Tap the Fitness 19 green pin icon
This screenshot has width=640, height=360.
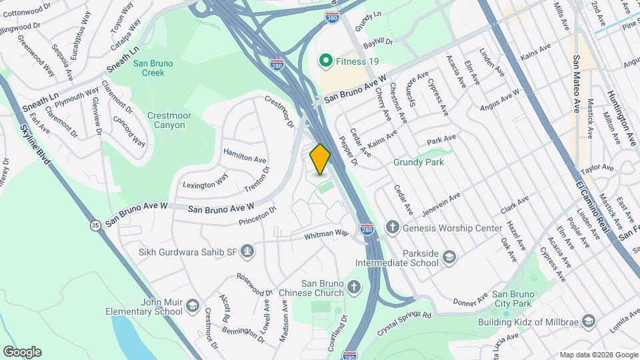(326, 62)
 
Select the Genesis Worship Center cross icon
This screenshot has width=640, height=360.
(393, 228)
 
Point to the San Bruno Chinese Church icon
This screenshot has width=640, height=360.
(354, 288)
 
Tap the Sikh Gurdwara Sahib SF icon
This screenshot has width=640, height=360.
(247, 251)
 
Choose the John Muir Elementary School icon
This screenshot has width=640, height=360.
(193, 306)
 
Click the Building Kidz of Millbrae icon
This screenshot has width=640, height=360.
(588, 322)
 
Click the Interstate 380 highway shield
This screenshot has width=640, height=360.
(333, 18)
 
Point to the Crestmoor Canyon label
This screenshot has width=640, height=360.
(169, 120)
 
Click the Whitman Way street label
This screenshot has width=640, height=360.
(327, 233)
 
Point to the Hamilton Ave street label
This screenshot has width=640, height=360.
(245, 157)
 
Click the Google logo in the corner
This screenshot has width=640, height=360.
(22, 352)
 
